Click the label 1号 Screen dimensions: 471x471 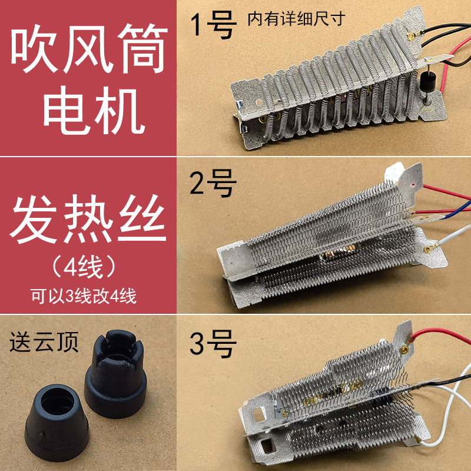click(x=213, y=26)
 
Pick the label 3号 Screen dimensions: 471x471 click(x=213, y=344)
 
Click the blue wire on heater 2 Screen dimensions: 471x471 click(x=453, y=208)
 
